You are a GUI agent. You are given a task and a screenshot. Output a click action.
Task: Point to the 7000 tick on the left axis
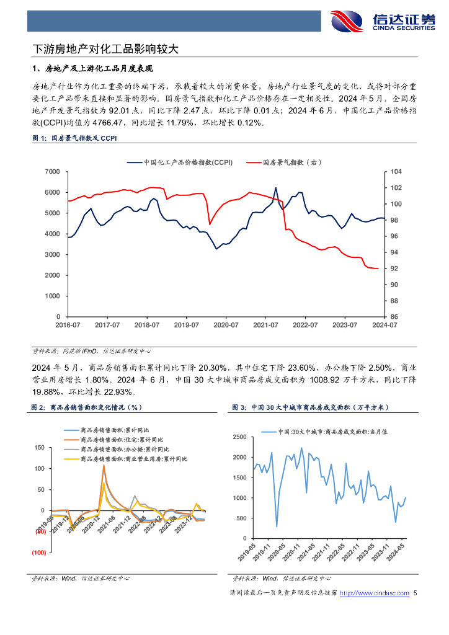point(52,172)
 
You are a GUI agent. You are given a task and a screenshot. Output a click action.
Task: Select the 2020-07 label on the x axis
point(226,325)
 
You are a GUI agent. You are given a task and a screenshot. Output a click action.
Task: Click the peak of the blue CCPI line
point(275,188)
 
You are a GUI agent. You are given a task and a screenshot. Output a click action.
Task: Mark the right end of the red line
point(378,269)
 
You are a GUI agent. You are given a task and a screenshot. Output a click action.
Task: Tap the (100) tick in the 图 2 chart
point(39,553)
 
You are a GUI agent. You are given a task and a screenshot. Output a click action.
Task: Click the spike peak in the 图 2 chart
point(104,465)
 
